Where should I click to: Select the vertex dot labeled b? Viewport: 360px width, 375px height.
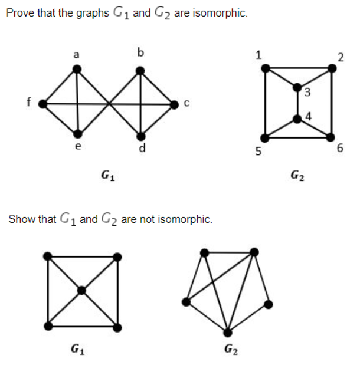coord(140,71)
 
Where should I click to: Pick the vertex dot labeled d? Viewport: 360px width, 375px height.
coord(140,135)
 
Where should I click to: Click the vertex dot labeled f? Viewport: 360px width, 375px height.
coord(42,104)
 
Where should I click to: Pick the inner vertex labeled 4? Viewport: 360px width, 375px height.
coord(297,119)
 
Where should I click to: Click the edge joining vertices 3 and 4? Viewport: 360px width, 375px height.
coord(297,103)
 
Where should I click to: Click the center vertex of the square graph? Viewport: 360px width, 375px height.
coord(81,290)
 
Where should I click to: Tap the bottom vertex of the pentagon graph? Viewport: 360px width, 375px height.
coord(227,332)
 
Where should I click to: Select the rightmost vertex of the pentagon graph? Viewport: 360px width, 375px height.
coord(269,304)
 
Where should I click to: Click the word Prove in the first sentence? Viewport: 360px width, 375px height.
coord(19,13)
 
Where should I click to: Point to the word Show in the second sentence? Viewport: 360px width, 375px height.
coord(21,219)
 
